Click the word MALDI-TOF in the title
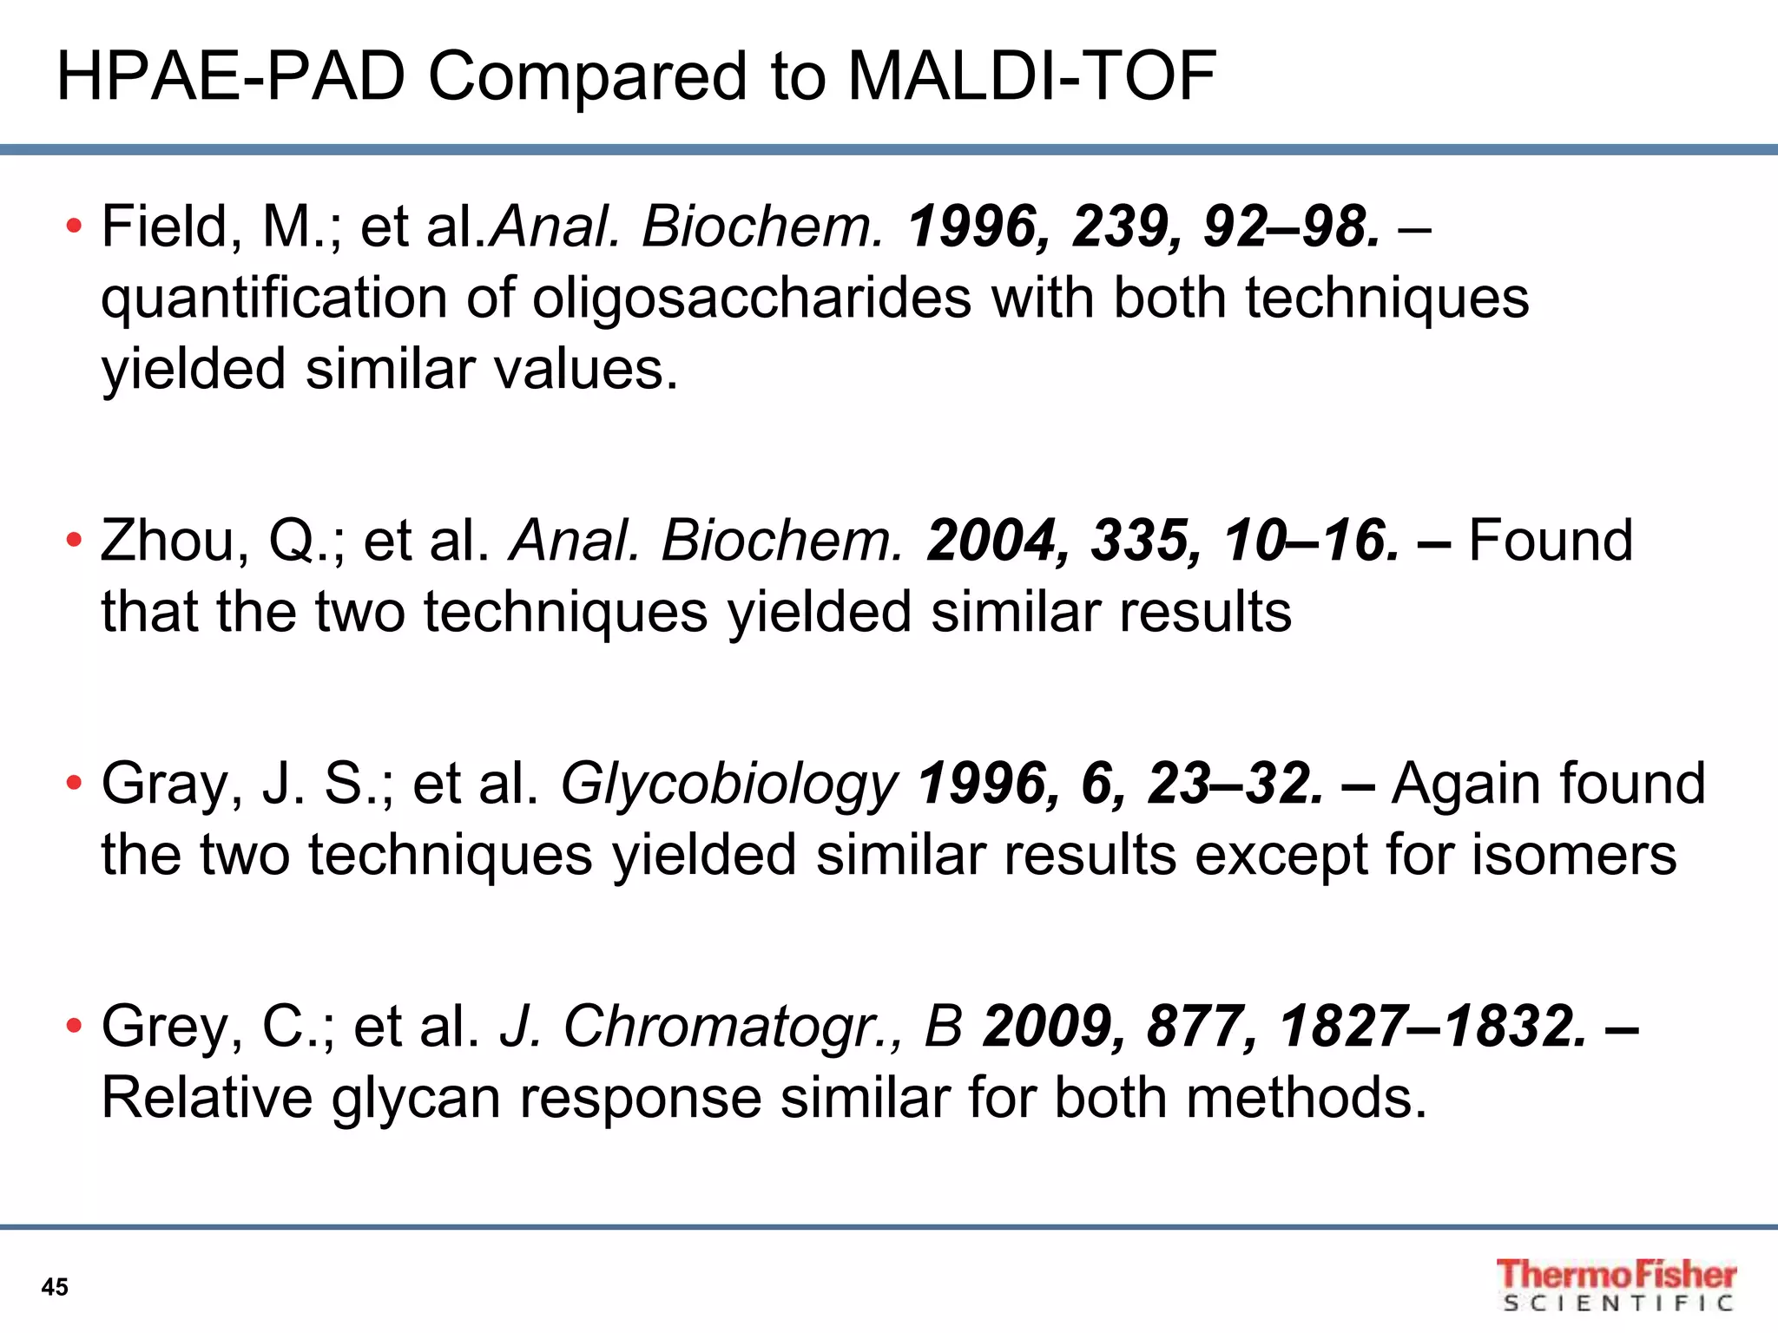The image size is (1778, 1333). pyautogui.click(x=1031, y=76)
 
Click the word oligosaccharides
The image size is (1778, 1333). pyautogui.click(x=751, y=298)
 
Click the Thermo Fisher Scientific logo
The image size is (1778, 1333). pyautogui.click(x=1615, y=1284)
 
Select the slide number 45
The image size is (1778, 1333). pyautogui.click(x=55, y=1287)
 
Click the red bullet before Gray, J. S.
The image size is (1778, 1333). pyautogui.click(x=74, y=785)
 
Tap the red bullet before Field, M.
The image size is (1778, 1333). pyautogui.click(x=74, y=227)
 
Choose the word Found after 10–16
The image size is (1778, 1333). pyautogui.click(x=1551, y=541)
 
